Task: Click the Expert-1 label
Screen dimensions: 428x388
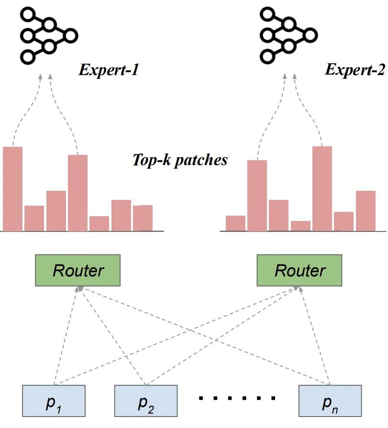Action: coord(109,71)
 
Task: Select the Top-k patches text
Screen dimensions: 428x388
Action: coord(179,160)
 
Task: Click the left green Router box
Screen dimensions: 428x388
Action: coord(78,271)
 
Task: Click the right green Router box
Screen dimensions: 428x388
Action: coord(299,271)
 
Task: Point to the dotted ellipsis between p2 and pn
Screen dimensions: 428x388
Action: coord(237,397)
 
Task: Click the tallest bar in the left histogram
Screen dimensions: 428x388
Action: coord(13,189)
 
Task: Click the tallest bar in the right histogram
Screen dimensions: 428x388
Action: coord(322,188)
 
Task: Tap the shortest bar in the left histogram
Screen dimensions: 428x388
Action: coord(99,223)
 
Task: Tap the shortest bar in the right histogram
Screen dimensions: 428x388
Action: coord(300,226)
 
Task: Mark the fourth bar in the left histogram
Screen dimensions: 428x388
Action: coord(78,193)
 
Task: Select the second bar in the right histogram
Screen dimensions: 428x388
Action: coord(257,196)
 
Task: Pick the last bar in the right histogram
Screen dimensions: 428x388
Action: coord(366,211)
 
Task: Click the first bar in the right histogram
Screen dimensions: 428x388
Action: coord(235,223)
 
